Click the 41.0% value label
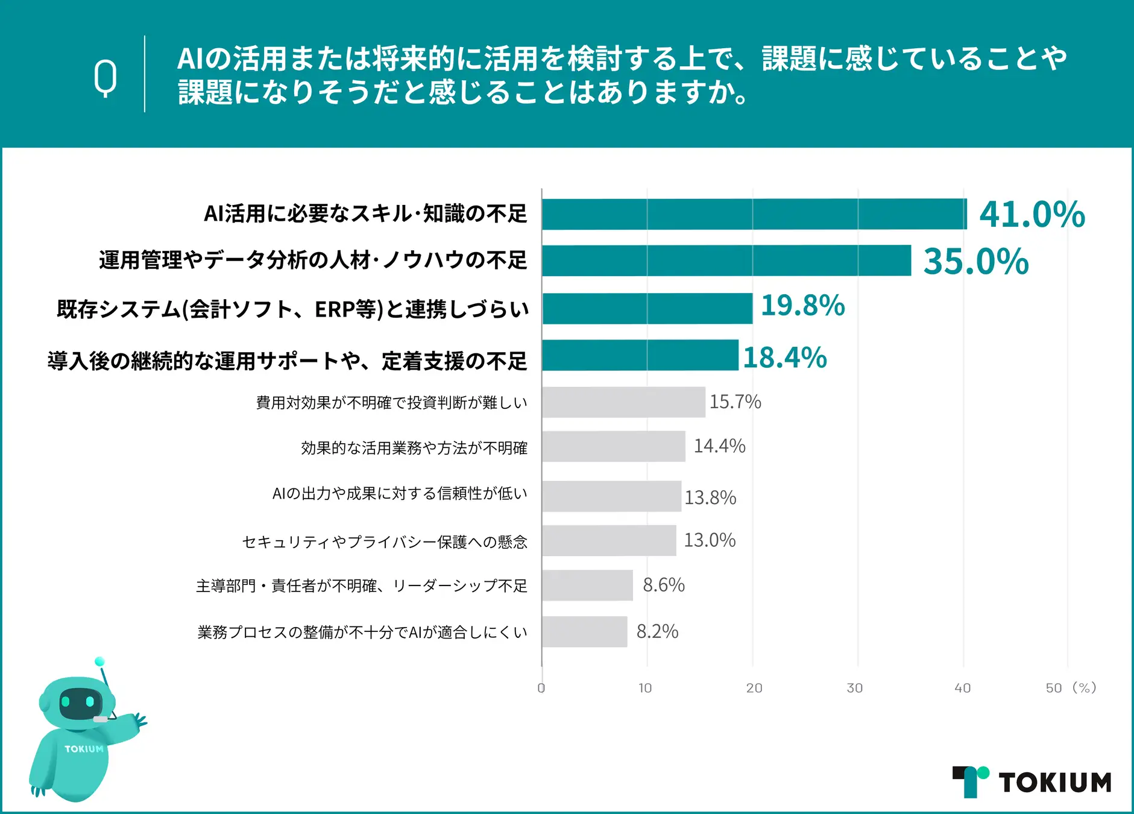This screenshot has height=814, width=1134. point(1032,215)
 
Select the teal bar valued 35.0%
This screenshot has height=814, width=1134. point(726,260)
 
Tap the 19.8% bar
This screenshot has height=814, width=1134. point(647,308)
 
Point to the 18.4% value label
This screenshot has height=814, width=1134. point(784,358)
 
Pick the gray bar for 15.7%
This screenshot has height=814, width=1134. point(623,402)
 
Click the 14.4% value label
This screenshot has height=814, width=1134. point(719,446)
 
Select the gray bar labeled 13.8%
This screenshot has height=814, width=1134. point(611,496)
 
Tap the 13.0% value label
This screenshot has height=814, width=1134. point(710,540)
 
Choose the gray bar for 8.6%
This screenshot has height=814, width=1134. point(587,585)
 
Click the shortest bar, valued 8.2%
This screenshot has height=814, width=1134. point(584,631)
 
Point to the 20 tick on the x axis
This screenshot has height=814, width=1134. point(754,688)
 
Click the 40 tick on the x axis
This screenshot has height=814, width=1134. point(962,688)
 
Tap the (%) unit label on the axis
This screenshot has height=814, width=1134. point(1084,688)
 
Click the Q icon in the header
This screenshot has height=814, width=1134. point(106,78)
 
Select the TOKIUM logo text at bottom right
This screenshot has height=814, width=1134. point(1054,783)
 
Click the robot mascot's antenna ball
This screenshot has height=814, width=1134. point(99,661)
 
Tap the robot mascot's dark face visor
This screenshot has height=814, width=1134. point(78,702)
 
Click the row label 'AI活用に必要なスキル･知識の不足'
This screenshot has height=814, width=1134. point(365,214)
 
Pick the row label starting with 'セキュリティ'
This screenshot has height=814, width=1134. point(385,542)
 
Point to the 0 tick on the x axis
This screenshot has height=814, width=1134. point(541,688)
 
